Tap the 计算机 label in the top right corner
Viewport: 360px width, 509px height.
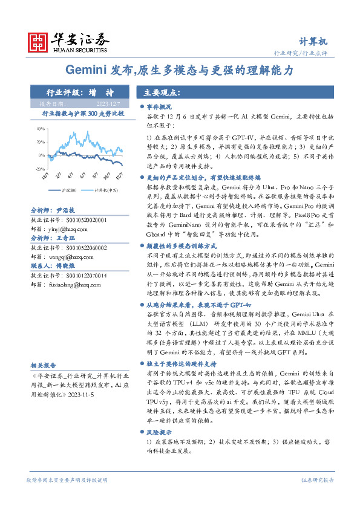[313, 41]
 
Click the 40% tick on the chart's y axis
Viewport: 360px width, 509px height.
[40, 129]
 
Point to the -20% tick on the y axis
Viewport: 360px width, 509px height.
[40, 166]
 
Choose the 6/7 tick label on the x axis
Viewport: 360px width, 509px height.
[82, 175]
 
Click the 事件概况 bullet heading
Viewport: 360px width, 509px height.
[161, 106]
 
